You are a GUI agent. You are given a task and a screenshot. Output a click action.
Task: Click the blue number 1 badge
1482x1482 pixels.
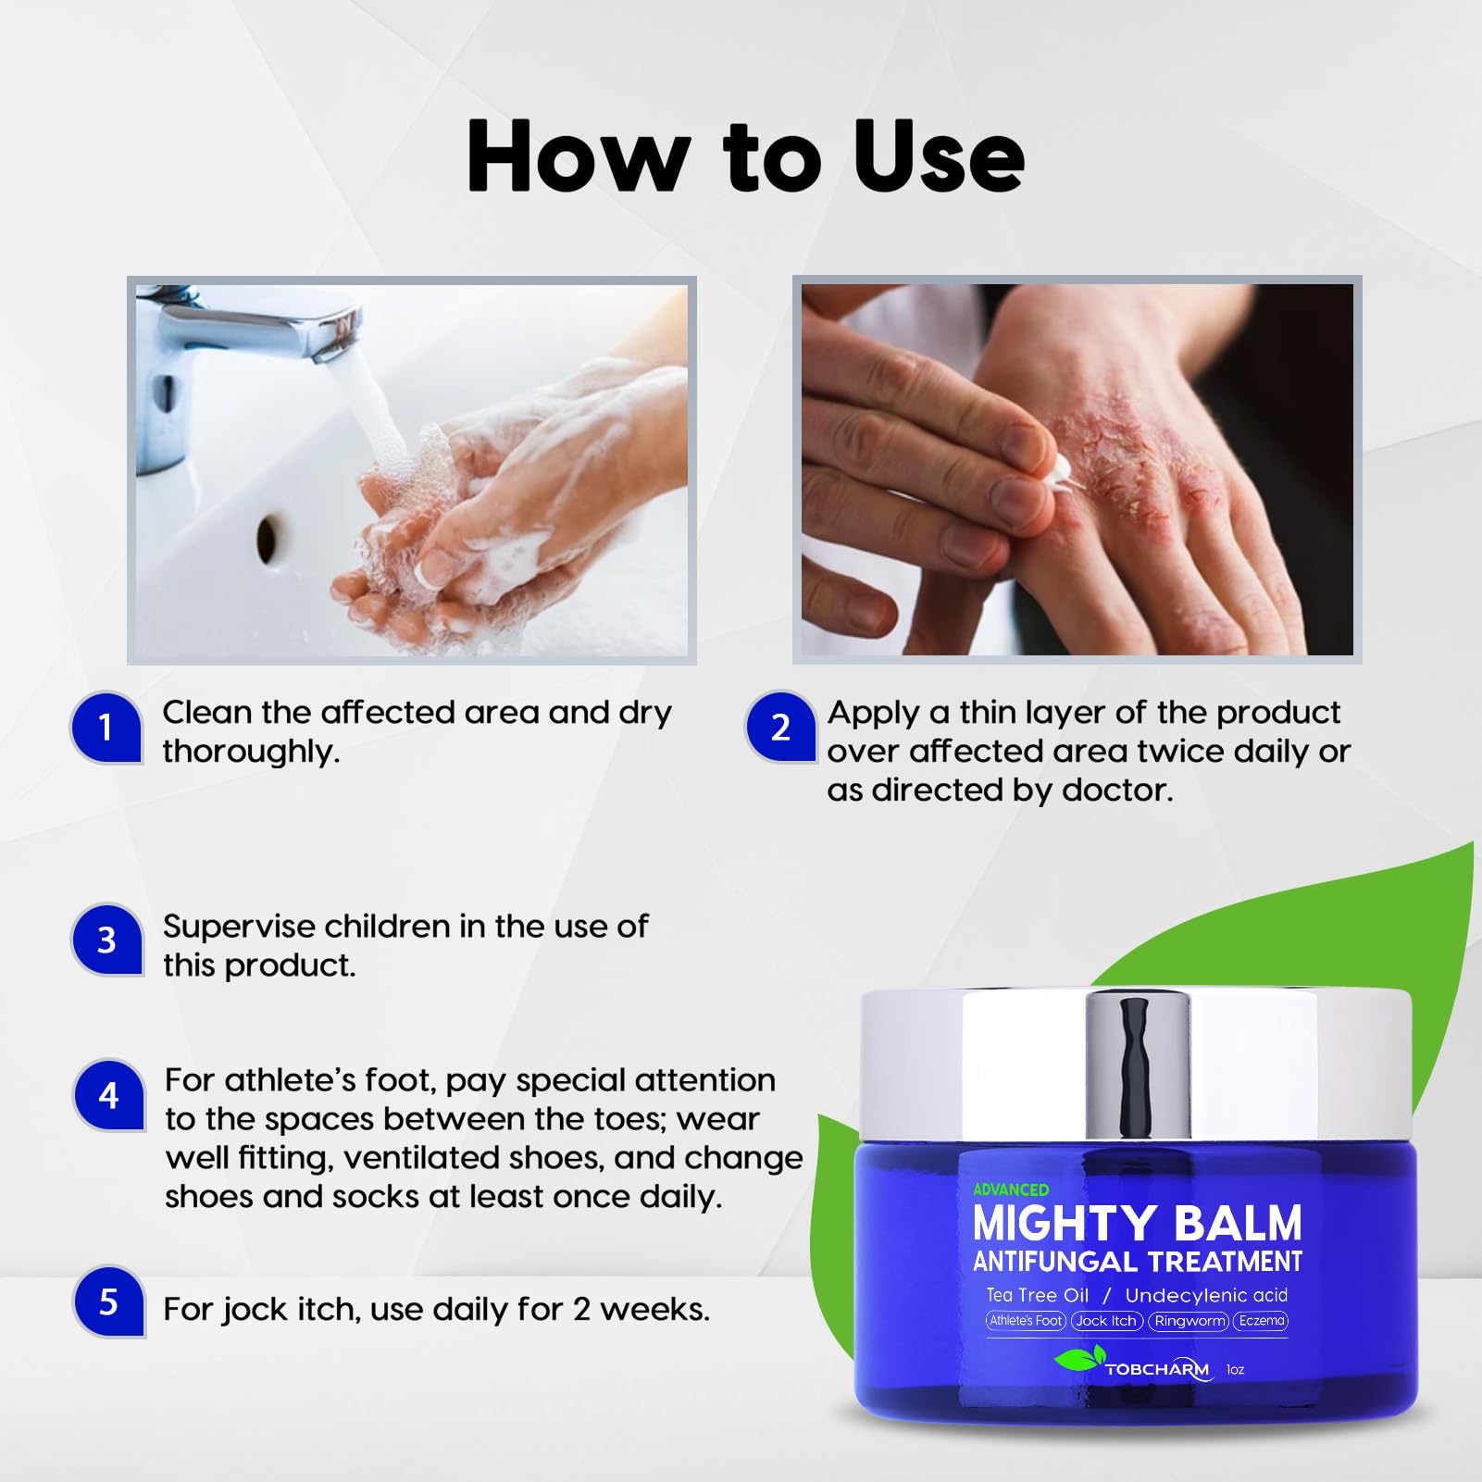coord(106,728)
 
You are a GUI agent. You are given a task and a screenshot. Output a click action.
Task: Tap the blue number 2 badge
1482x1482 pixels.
coord(780,728)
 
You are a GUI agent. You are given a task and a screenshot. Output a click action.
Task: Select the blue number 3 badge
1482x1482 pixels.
coord(106,940)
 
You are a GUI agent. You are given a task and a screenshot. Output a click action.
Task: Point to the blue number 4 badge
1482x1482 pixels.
coord(108,1095)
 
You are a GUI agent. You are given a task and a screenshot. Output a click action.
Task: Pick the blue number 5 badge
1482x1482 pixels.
coord(108,1302)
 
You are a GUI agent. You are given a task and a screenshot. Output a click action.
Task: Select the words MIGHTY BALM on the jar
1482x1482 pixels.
coord(1137,1224)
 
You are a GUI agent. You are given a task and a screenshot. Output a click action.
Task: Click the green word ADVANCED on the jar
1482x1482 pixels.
coord(1011,1189)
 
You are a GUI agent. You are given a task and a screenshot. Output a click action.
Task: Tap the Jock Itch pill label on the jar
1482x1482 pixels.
coord(1106,1321)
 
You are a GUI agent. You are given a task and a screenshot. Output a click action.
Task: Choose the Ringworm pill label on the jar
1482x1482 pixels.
coord(1190,1321)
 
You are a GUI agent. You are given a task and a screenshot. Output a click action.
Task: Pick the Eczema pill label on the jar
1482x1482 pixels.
coord(1261,1321)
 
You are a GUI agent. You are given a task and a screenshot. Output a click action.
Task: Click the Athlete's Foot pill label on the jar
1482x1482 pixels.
coord(1026,1321)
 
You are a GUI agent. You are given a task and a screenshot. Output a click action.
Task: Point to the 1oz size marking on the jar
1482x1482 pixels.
coord(1235,1369)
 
